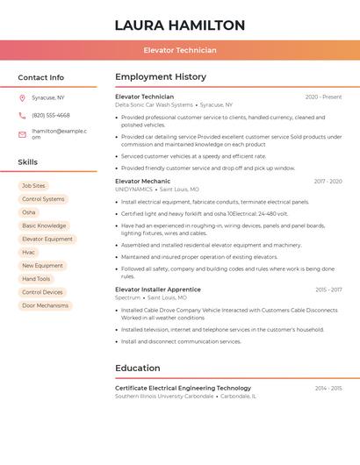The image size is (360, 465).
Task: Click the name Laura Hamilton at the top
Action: point(180,25)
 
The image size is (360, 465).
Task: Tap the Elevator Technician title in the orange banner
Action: point(180,51)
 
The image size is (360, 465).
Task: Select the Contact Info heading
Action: point(41,77)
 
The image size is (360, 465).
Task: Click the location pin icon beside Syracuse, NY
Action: point(22,97)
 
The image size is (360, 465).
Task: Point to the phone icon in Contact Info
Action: point(22,115)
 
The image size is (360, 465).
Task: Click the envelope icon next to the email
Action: point(22,134)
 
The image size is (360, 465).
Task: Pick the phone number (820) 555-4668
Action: point(51,115)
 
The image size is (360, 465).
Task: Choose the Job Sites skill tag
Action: point(33,186)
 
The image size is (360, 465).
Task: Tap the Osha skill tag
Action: point(29,212)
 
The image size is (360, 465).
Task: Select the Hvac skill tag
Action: point(29,252)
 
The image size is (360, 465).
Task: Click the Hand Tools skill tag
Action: point(36,279)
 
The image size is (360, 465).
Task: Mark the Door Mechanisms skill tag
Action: point(45,305)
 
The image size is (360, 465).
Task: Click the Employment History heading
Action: point(161,77)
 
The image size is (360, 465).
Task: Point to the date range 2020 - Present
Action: point(323,97)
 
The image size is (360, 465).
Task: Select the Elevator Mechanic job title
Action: point(143,182)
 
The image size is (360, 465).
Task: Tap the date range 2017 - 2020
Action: point(328,182)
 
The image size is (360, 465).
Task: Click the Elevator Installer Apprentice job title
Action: point(158,290)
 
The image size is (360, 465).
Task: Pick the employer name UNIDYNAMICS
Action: point(134,190)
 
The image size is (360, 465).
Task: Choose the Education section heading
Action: point(138,368)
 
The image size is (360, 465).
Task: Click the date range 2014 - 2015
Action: point(328,388)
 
